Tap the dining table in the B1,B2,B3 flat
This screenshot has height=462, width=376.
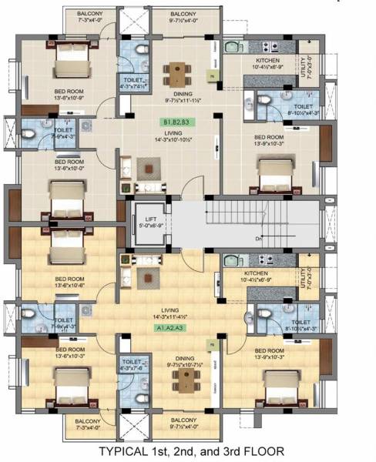180,72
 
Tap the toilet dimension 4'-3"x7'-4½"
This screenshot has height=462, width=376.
132,86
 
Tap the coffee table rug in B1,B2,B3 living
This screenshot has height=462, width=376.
147,166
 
